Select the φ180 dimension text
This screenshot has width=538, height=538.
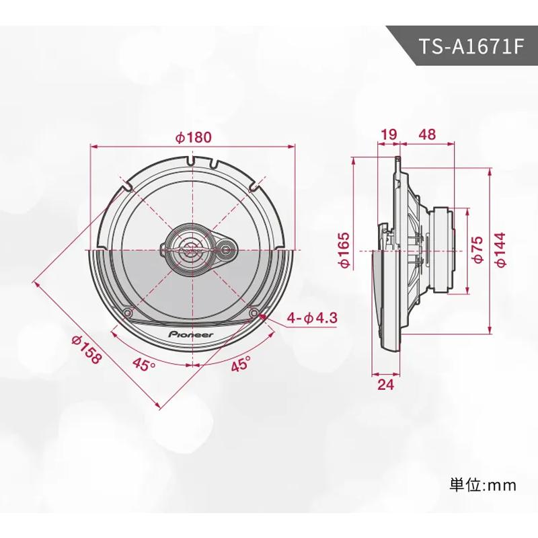click(x=193, y=137)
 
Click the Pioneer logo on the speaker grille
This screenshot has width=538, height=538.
click(x=191, y=334)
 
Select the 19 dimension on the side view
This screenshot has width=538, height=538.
click(x=388, y=134)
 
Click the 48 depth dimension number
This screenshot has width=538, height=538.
click(x=426, y=134)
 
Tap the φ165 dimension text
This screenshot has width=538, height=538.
click(x=343, y=251)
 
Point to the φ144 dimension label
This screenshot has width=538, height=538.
click(x=500, y=251)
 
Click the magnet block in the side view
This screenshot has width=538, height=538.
click(x=444, y=249)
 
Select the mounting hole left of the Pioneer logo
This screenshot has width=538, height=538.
click(x=128, y=313)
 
